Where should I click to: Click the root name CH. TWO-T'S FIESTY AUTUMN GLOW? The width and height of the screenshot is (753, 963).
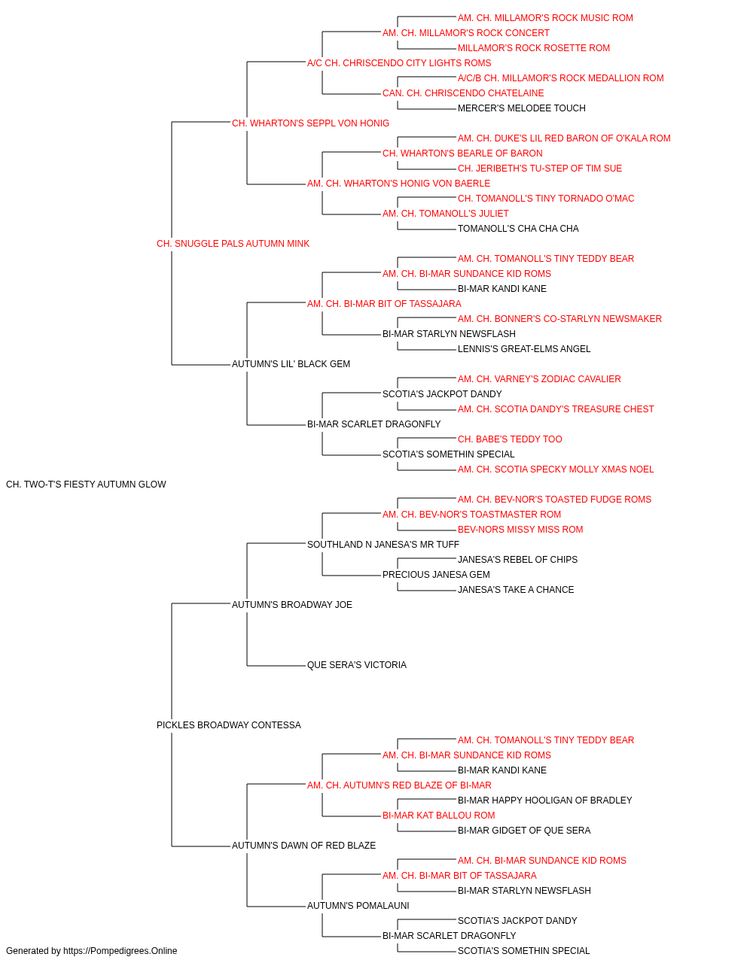pyautogui.click(x=86, y=485)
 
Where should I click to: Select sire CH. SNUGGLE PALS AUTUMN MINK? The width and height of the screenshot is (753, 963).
pyautogui.click(x=233, y=244)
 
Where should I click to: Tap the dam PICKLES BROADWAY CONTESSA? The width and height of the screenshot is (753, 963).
pyautogui.click(x=229, y=725)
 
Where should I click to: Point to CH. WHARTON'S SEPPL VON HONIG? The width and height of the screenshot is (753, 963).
pyautogui.click(x=310, y=123)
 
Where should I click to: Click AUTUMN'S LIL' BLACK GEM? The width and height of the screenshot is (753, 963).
pyautogui.click(x=291, y=364)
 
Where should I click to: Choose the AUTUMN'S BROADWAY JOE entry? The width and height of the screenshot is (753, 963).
pyautogui.click(x=292, y=604)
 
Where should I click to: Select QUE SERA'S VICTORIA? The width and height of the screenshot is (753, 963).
pyautogui.click(x=357, y=665)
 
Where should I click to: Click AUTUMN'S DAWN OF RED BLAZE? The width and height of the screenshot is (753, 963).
pyautogui.click(x=303, y=845)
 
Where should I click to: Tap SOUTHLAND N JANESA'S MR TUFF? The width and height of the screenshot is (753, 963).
pyautogui.click(x=383, y=544)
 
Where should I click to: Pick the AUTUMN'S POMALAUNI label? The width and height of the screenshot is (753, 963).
pyautogui.click(x=358, y=905)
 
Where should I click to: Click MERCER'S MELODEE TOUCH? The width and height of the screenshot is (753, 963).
pyautogui.click(x=522, y=108)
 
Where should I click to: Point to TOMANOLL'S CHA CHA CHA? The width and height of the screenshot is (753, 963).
pyautogui.click(x=518, y=229)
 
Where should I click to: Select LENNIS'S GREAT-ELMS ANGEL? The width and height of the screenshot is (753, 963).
pyautogui.click(x=524, y=349)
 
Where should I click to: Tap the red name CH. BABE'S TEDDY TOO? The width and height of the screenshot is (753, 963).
pyautogui.click(x=510, y=439)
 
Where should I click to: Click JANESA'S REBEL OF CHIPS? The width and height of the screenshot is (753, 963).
pyautogui.click(x=517, y=559)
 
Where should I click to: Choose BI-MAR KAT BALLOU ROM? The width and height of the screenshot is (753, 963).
pyautogui.click(x=438, y=815)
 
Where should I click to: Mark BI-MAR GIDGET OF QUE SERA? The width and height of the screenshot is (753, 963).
pyautogui.click(x=524, y=830)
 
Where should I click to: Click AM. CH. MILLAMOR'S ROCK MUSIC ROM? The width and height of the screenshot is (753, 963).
pyautogui.click(x=545, y=18)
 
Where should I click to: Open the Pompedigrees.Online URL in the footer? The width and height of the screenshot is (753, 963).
pyautogui.click(x=120, y=951)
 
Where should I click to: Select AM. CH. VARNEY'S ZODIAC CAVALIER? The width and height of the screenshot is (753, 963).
pyautogui.click(x=539, y=379)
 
